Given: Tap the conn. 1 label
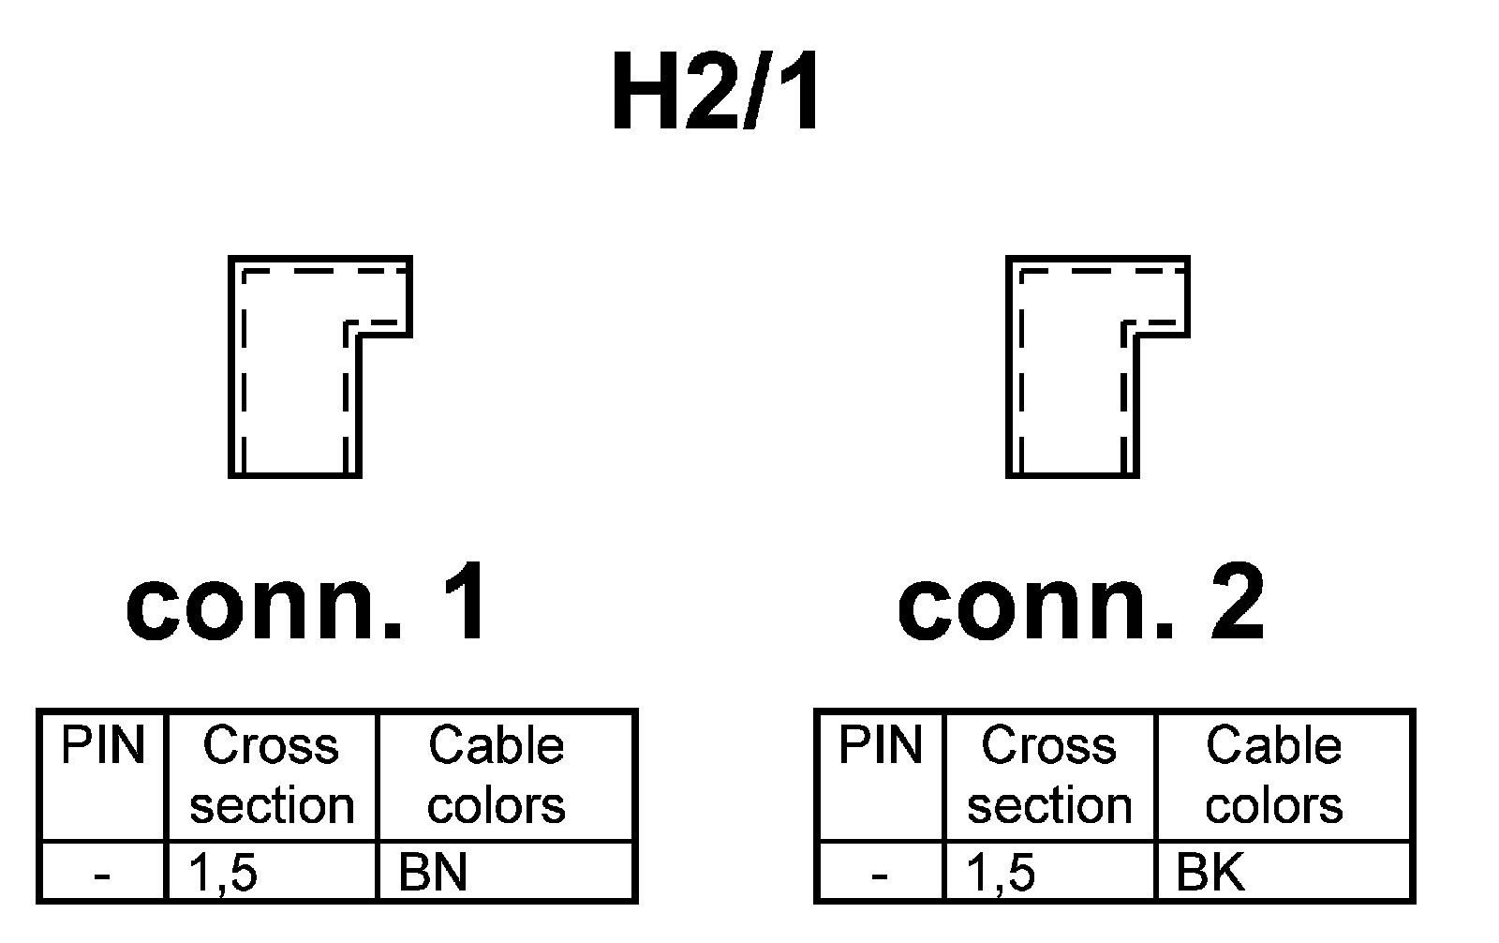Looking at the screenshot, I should pos(307,604).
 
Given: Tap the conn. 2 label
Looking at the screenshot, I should pos(1081,604).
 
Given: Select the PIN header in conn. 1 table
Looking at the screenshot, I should pos(103,747).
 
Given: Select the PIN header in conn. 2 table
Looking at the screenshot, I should pos(881,747).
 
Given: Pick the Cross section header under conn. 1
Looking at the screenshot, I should pos(272,776).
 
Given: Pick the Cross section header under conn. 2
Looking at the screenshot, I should pos(1049,776).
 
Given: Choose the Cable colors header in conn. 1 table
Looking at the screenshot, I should pos(497,776).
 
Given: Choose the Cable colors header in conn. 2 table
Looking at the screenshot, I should pos(1274,776).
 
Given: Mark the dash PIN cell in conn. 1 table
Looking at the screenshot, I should pos(102,876).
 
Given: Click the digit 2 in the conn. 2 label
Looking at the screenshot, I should pos(1235,604).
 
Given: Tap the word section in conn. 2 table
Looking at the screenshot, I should pos(1049,806).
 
